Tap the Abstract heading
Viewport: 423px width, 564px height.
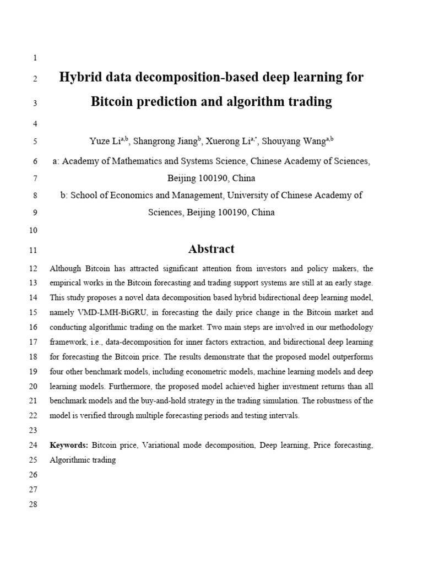(211, 249)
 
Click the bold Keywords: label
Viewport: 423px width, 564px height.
(69, 444)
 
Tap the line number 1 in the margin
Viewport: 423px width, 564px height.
(35, 58)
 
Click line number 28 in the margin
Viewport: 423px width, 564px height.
(32, 505)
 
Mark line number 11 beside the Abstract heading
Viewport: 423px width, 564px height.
(32, 251)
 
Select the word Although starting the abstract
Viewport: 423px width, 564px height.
(66, 269)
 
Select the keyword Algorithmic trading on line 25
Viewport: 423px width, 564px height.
(83, 459)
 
